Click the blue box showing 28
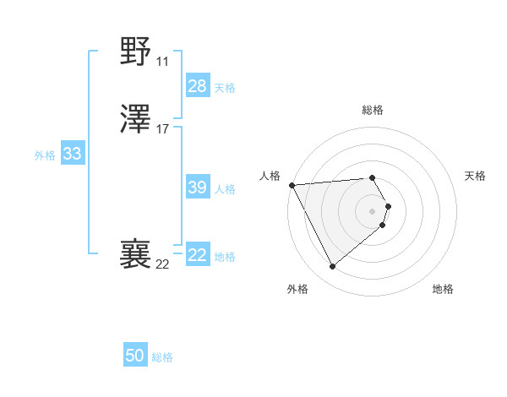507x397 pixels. click(x=198, y=86)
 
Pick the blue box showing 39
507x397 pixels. click(x=198, y=188)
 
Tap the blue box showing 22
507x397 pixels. click(x=198, y=255)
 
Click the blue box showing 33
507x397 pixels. click(x=72, y=154)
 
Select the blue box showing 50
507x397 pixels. click(x=135, y=356)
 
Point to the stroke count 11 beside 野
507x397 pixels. click(x=162, y=62)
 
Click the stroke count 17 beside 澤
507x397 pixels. click(x=162, y=129)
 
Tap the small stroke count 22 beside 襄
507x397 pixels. click(x=162, y=264)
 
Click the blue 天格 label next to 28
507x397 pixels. click(x=225, y=88)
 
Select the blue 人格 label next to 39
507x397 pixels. click(x=225, y=189)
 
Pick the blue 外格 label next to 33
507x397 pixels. click(x=45, y=155)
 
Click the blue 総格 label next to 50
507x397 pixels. click(x=162, y=357)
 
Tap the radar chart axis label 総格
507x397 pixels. click(x=373, y=110)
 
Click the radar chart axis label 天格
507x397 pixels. click(x=476, y=176)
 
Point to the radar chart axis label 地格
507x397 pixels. click(x=443, y=289)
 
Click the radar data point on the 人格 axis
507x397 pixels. click(x=292, y=185)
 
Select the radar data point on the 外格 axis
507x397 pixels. click(x=332, y=267)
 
